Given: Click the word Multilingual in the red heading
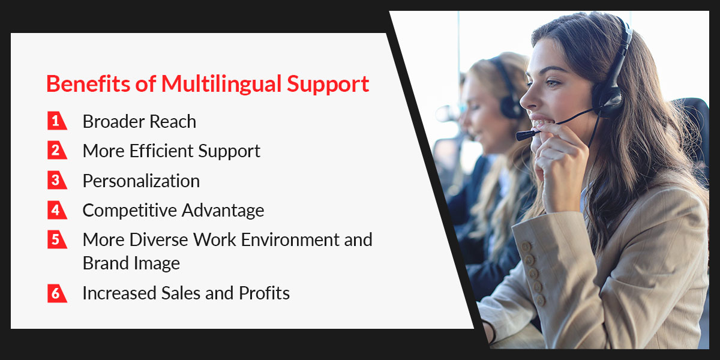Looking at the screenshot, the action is (x=221, y=85).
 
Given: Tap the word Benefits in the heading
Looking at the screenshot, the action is (x=88, y=83).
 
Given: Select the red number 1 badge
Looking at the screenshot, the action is (x=57, y=121).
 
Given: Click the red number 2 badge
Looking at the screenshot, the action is (x=57, y=150).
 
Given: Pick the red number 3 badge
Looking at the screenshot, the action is (x=57, y=180).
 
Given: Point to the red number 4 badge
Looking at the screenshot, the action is (x=57, y=210).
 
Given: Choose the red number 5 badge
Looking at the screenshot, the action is (x=57, y=239).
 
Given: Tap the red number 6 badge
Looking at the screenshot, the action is (x=57, y=293).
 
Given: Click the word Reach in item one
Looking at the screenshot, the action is (x=173, y=121).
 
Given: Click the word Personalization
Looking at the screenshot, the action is (x=141, y=181).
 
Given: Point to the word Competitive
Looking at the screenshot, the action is (x=130, y=211).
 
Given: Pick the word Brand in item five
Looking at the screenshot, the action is (x=106, y=263).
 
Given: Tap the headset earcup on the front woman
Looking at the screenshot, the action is (x=607, y=98).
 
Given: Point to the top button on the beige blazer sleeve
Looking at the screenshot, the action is (x=526, y=247).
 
